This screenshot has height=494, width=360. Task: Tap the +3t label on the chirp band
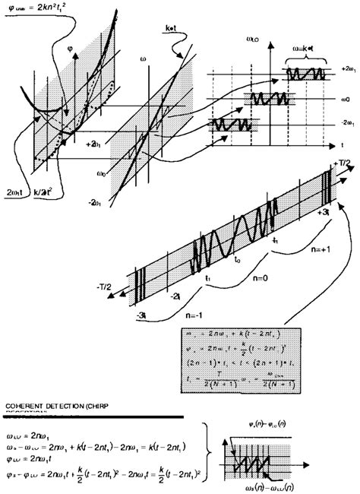click(321, 212)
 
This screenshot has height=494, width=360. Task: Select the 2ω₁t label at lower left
click(17, 192)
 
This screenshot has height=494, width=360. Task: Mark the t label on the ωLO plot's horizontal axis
click(340, 143)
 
